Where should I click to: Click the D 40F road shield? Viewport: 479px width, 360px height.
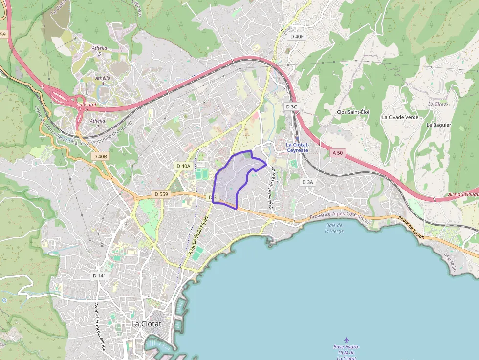pyautogui.click(x=297, y=36)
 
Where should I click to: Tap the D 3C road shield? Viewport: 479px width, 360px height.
pyautogui.click(x=291, y=106)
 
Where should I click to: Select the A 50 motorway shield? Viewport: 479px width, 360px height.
pyautogui.click(x=338, y=153)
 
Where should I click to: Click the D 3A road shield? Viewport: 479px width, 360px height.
pyautogui.click(x=307, y=182)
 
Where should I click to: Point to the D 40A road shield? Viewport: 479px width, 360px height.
pyautogui.click(x=183, y=166)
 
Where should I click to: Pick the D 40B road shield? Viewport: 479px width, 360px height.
pyautogui.click(x=99, y=156)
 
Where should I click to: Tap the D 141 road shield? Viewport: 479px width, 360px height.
pyautogui.click(x=99, y=275)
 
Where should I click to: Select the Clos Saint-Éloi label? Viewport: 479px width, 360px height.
pyautogui.click(x=353, y=112)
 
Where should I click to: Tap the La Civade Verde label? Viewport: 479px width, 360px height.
pyautogui.click(x=400, y=117)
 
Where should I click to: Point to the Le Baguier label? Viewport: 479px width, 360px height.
pyautogui.click(x=438, y=125)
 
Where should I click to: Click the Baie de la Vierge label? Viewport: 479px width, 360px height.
pyautogui.click(x=334, y=228)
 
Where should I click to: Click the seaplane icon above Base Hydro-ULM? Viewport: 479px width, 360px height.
pyautogui.click(x=347, y=339)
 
